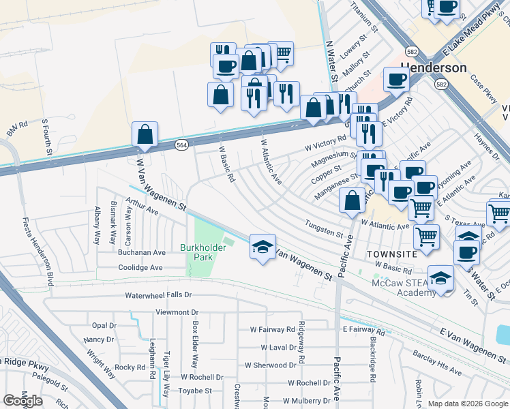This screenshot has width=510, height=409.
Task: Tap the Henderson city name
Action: pyautogui.click(x=434, y=68)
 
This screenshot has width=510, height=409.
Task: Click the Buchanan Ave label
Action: pyautogui.click(x=142, y=252)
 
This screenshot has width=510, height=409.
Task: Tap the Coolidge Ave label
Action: pyautogui.click(x=140, y=268)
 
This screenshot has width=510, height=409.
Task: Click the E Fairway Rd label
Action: pyautogui.click(x=365, y=329)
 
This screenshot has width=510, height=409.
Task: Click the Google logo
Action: pyautogui.click(x=23, y=401)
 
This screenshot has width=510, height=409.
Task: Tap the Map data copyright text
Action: pyautogui.click(x=467, y=404)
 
